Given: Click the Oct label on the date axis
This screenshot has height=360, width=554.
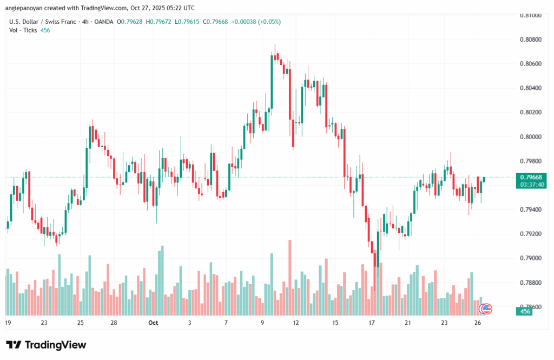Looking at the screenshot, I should pyautogui.click(x=153, y=323).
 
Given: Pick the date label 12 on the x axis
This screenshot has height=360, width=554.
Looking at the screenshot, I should pyautogui.click(x=296, y=323).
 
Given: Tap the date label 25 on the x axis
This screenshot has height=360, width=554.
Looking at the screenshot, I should pyautogui.click(x=80, y=323).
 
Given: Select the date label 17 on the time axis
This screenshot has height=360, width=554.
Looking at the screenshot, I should pyautogui.click(x=372, y=323).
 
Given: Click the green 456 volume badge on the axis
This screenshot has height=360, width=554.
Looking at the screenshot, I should pyautogui.click(x=525, y=311).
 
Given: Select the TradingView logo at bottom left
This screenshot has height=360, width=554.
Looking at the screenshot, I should pyautogui.click(x=46, y=345).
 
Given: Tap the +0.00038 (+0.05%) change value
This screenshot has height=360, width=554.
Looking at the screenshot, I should pyautogui.click(x=256, y=22).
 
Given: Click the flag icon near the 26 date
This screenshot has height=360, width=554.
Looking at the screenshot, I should pyautogui.click(x=486, y=309).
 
